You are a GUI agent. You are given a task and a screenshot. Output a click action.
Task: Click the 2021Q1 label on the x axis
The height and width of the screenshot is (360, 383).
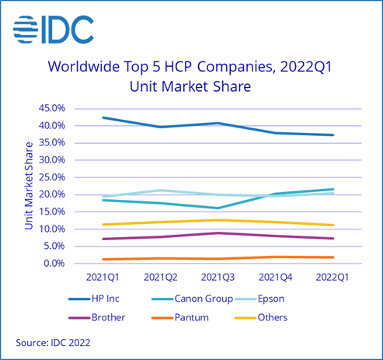pyautogui.click(x=103, y=277)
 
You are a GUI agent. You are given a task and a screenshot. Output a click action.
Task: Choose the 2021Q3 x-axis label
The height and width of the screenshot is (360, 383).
pyautogui.click(x=219, y=277)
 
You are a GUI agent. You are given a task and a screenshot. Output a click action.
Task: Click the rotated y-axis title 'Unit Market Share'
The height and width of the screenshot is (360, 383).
pyautogui.click(x=30, y=185)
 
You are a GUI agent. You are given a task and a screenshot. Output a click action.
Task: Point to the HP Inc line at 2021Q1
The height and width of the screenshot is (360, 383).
pyautogui.click(x=103, y=117)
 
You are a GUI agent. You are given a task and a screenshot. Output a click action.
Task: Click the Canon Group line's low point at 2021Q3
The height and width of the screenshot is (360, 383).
pyautogui.click(x=219, y=208)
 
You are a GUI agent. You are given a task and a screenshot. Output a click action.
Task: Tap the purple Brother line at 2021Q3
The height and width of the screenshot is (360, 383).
pyautogui.click(x=219, y=232)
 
